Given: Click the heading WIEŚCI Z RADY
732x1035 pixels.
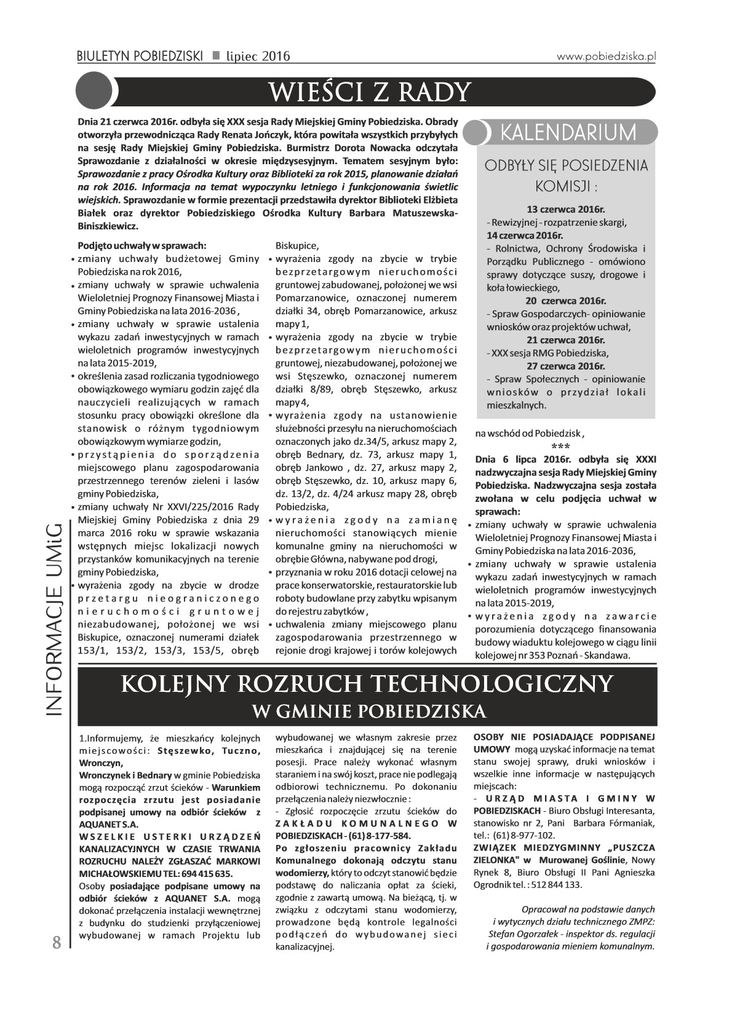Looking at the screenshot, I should click(370, 92).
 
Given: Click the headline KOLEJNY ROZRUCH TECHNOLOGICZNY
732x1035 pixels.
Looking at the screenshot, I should click(368, 684).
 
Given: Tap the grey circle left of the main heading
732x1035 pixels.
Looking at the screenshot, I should click(93, 90).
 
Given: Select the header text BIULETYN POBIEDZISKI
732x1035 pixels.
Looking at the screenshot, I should click(140, 57).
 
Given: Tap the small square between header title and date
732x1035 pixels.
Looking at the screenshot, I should click(215, 56).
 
